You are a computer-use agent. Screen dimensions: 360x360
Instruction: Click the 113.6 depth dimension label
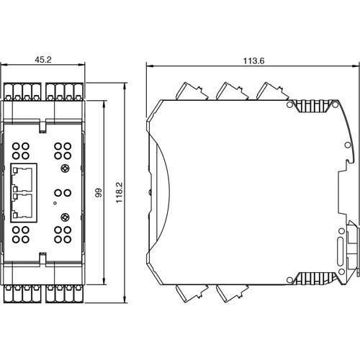pyautogui.click(x=253, y=60)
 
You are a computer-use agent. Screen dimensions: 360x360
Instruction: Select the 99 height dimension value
pyautogui.click(x=99, y=192)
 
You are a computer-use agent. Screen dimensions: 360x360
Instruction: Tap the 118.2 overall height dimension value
pyautogui.click(x=120, y=192)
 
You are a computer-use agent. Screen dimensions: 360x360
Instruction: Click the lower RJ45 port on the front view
pyautogui.click(x=24, y=206)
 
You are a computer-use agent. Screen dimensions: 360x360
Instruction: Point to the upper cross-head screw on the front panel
pyautogui.click(x=65, y=170)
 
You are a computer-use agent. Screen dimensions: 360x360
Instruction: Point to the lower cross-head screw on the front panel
pyautogui.click(x=65, y=215)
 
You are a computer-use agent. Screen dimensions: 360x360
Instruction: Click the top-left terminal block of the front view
pyautogui.click(x=24, y=91)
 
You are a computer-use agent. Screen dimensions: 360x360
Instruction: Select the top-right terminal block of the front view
pyautogui.click(x=64, y=91)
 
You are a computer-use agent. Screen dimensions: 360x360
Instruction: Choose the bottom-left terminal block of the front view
pyautogui.click(x=24, y=294)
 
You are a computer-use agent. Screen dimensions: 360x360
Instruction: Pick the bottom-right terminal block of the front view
pyautogui.click(x=64, y=294)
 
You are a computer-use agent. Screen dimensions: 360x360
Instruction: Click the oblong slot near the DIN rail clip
pyautogui.click(x=340, y=253)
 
